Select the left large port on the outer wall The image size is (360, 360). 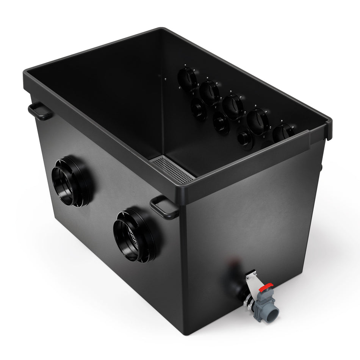pos(70,181)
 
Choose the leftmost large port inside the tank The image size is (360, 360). pos(188,79)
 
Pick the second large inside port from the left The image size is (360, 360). pos(210,92)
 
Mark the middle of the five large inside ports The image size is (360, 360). pos(233,106)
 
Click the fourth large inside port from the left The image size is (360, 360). pos(258,121)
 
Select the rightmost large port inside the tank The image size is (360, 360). pos(282,133)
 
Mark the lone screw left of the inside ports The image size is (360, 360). pos(165,79)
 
